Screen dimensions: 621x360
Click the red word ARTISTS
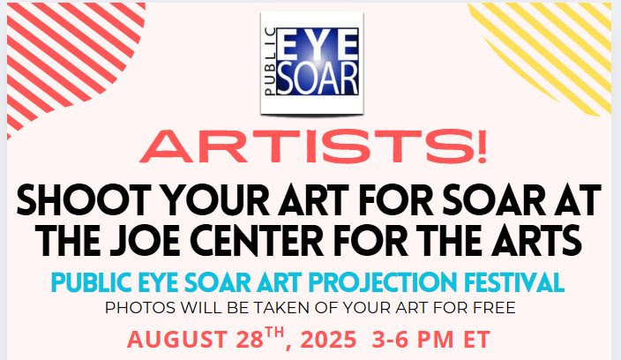[x=308, y=146]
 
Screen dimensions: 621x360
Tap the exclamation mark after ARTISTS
[x=482, y=146]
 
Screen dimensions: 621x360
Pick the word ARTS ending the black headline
[x=538, y=241]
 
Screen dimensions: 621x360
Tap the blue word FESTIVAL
[x=514, y=282]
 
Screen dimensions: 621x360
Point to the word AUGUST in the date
[x=177, y=340]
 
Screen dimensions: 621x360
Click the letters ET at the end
[x=477, y=340]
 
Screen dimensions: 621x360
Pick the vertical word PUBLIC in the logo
[x=270, y=62]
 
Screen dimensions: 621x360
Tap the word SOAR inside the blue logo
[x=318, y=78]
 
